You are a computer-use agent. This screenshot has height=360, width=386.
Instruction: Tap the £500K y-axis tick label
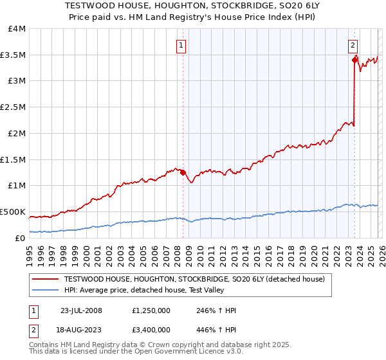point(13,212)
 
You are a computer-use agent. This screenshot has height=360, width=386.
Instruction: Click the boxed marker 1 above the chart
point(181,46)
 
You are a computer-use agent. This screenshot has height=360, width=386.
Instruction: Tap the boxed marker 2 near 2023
point(353,46)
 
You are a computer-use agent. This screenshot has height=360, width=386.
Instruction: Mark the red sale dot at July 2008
point(183,172)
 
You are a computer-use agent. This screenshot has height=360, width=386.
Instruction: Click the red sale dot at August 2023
point(354,60)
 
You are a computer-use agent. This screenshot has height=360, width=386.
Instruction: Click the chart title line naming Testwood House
point(193,5)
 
